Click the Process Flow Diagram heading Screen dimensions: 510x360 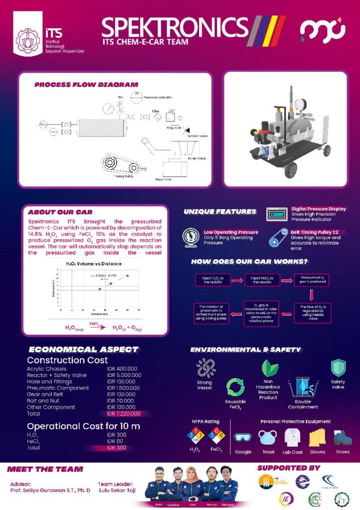pyautogui.click(x=86, y=85)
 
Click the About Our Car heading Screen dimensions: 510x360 pyautogui.click(x=60, y=212)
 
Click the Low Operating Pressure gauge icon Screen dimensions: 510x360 pyautogui.click(x=191, y=237)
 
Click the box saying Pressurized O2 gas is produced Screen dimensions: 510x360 pyautogui.click(x=311, y=279)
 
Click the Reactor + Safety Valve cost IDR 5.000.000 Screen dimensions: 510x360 pyautogui.click(x=124, y=375)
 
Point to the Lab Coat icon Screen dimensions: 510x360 pyautogui.click(x=292, y=437)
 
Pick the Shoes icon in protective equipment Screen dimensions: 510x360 pyautogui.click(x=342, y=437)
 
